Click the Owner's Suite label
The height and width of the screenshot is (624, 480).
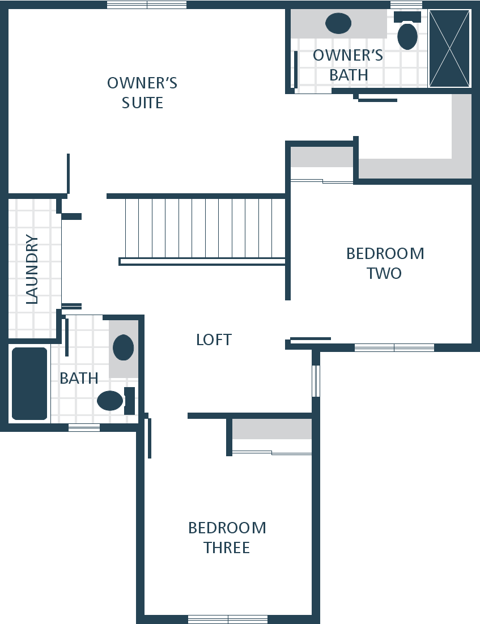(142, 93)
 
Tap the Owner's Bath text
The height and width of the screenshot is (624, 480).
(349, 65)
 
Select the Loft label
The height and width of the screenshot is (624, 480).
(214, 340)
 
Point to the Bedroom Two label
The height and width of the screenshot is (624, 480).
(385, 263)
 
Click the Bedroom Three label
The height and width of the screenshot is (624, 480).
(227, 538)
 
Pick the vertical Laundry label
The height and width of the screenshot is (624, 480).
(32, 269)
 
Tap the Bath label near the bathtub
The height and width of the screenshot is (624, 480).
(79, 378)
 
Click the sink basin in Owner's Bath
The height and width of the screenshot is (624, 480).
(338, 23)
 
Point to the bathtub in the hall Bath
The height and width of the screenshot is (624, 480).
(29, 384)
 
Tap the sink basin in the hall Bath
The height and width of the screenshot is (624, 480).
(124, 347)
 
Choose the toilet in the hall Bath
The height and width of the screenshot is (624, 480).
(116, 401)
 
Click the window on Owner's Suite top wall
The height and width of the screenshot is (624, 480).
(147, 5)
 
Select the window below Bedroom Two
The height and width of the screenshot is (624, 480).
(394, 348)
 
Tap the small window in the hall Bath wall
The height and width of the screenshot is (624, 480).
(84, 427)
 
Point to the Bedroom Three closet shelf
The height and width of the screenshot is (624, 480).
(272, 429)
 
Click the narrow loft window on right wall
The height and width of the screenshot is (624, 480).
(316, 381)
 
